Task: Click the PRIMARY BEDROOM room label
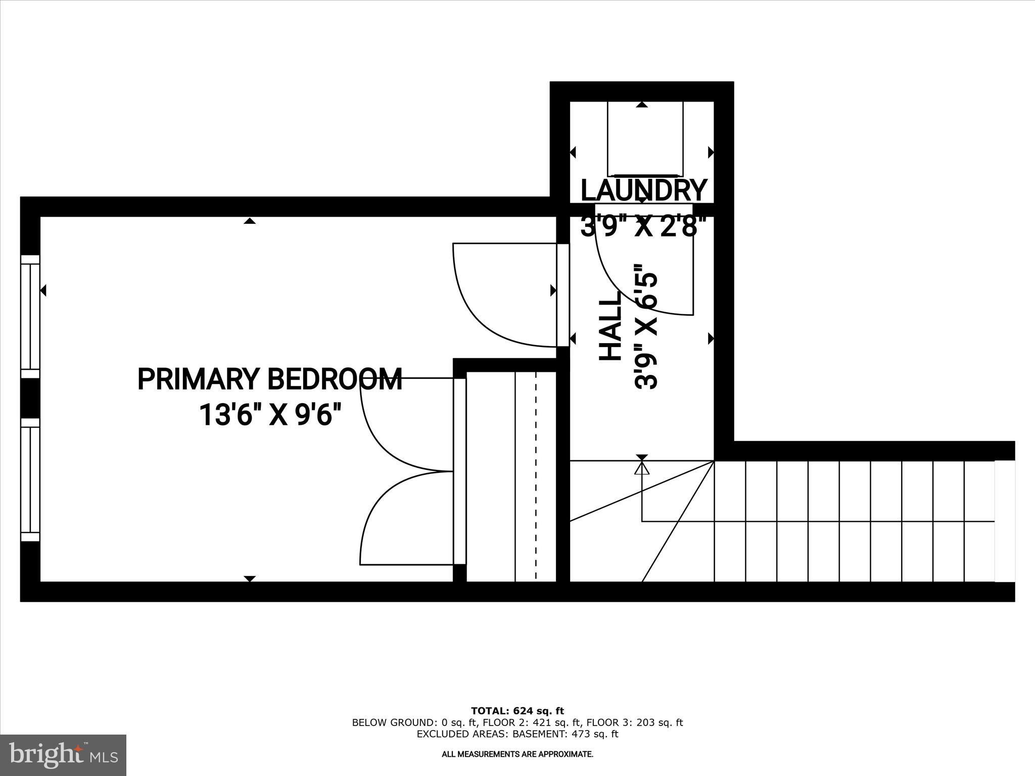(270, 379)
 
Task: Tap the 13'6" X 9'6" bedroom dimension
(270, 415)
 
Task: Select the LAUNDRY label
(643, 190)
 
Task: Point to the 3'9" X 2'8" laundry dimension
(643, 226)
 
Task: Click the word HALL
(610, 326)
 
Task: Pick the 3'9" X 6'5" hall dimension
(646, 326)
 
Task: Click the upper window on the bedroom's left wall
(30, 316)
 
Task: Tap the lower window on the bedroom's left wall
(30, 479)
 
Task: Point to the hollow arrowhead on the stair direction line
(642, 468)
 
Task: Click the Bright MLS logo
(63, 755)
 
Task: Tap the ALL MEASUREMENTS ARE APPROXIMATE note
(517, 754)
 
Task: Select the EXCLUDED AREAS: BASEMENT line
(517, 734)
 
